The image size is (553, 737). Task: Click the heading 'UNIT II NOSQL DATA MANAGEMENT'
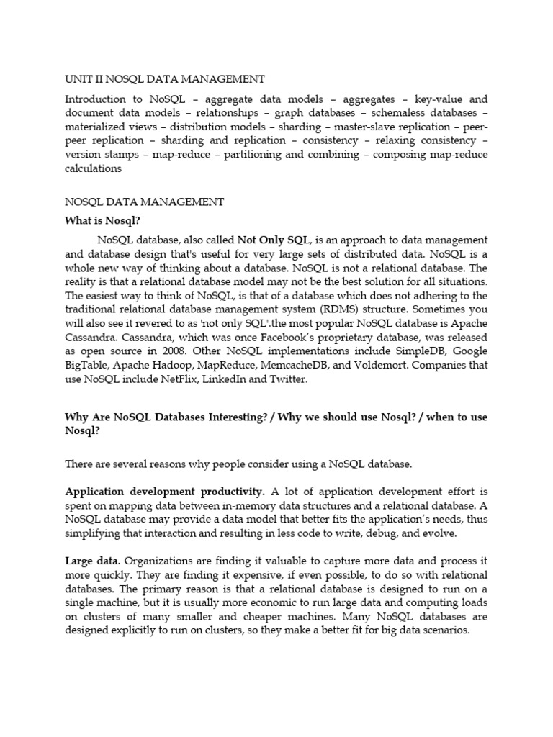pos(164,78)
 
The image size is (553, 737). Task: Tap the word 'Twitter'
pos(287,379)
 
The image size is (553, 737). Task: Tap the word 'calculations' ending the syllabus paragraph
pos(93,168)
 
